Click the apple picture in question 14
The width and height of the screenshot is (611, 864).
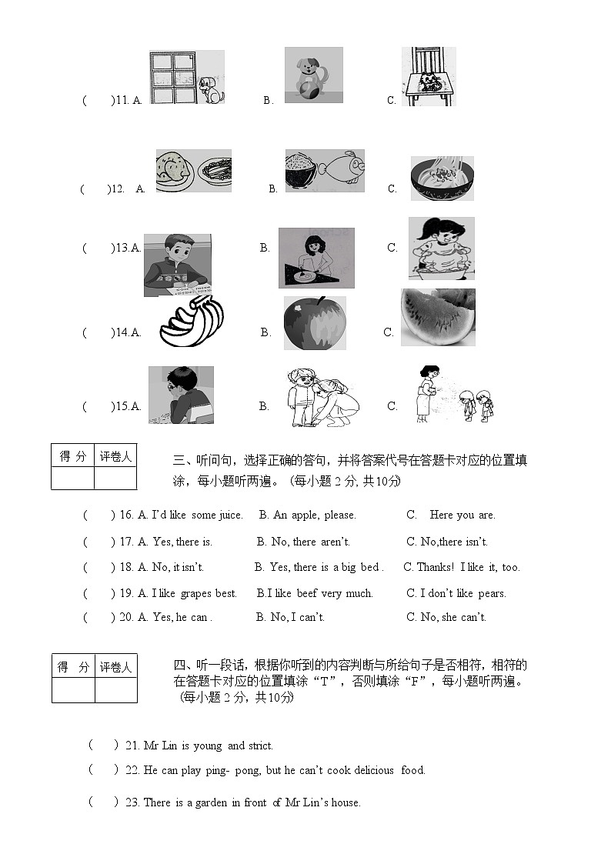315,323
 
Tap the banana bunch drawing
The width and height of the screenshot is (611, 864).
192,324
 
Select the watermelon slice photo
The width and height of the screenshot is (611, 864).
438,317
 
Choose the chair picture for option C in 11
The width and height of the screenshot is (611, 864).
429,77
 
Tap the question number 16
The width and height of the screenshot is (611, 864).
127,515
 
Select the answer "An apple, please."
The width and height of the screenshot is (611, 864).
307,515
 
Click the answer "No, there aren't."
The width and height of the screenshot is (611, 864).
302,542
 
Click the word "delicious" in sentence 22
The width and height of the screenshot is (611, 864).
372,770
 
